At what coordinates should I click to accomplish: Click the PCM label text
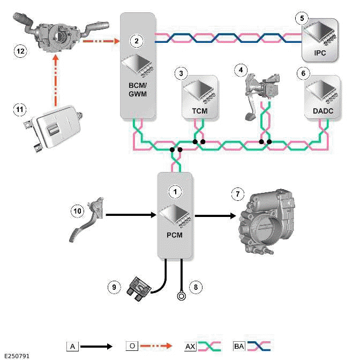pyautogui.click(x=175, y=234)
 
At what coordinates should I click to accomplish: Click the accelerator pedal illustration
pyautogui.click(x=89, y=217)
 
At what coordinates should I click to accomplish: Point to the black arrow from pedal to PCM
pyautogui.click(x=131, y=215)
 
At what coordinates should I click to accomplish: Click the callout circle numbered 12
pyautogui.click(x=21, y=51)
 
